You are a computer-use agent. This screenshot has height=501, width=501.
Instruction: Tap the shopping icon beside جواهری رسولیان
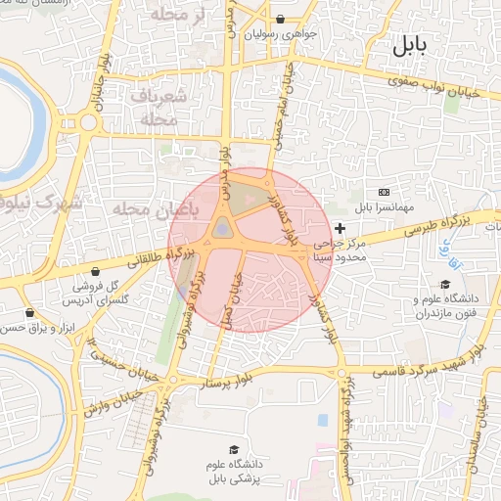click(x=281, y=18)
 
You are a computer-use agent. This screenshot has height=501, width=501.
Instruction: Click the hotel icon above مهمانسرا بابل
click(x=384, y=192)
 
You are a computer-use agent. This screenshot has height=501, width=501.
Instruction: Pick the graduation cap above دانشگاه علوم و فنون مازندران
click(x=445, y=284)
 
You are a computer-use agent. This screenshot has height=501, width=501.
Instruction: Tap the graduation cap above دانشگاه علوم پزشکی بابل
click(x=234, y=448)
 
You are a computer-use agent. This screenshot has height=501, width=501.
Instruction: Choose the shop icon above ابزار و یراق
click(x=29, y=312)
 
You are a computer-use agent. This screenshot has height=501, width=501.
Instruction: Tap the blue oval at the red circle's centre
click(x=223, y=229)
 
